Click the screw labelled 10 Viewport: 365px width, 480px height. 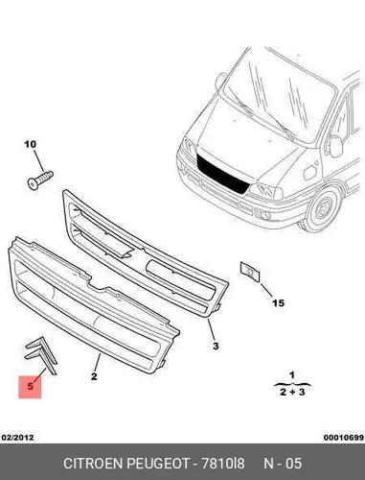point(39,180)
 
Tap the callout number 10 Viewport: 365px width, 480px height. point(31,144)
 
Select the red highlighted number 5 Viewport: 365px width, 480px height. point(31,386)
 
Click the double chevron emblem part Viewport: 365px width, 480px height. point(41,354)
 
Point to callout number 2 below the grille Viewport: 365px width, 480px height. point(94,376)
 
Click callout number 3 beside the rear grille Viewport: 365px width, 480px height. point(216,346)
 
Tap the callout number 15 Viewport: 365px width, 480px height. point(278,302)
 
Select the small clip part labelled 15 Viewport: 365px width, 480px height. point(250,272)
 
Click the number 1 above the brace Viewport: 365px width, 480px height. point(292,374)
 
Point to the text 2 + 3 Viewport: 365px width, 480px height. point(292,392)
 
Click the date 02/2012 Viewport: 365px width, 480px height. point(18,437)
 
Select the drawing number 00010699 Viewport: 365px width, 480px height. point(344,437)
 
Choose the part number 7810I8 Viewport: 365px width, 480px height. point(222,464)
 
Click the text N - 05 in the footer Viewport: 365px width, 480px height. point(283,464)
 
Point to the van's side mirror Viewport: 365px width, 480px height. point(335,146)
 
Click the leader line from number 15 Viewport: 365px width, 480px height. point(265,290)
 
